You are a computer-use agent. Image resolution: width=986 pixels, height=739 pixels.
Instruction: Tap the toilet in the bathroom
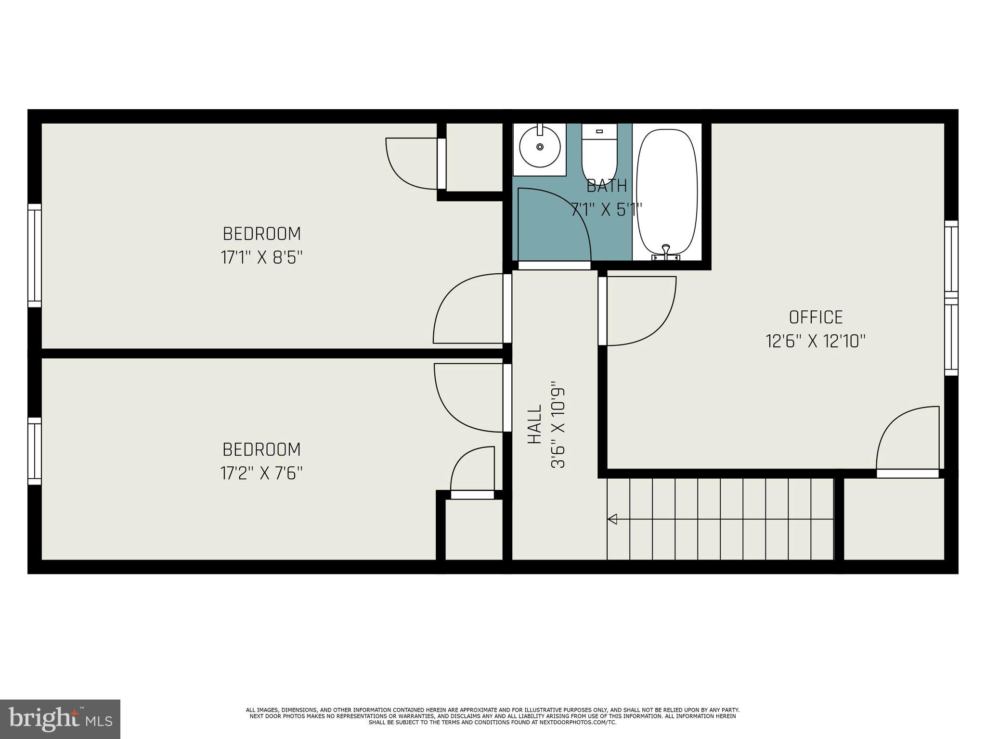(x=599, y=154)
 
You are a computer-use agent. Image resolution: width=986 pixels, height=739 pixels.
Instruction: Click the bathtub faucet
(x=666, y=250)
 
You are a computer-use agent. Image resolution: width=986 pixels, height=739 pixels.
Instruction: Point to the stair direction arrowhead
(x=612, y=519)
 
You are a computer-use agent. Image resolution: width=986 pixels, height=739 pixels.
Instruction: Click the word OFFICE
(x=816, y=318)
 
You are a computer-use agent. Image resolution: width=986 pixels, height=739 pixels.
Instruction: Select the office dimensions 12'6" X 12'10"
(x=816, y=342)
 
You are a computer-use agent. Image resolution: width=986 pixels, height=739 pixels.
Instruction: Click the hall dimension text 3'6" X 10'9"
(x=558, y=425)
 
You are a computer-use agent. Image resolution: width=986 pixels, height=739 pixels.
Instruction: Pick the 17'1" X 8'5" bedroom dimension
(x=261, y=258)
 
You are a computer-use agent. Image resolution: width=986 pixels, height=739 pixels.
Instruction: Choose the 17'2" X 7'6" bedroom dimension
(x=261, y=473)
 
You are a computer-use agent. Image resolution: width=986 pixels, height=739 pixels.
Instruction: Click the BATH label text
(x=607, y=186)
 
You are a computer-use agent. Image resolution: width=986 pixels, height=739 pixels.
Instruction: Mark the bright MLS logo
(x=60, y=719)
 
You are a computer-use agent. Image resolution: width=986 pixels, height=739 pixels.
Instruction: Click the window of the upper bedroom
(x=35, y=255)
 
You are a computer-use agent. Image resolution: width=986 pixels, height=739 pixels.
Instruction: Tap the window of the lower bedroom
(x=35, y=451)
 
